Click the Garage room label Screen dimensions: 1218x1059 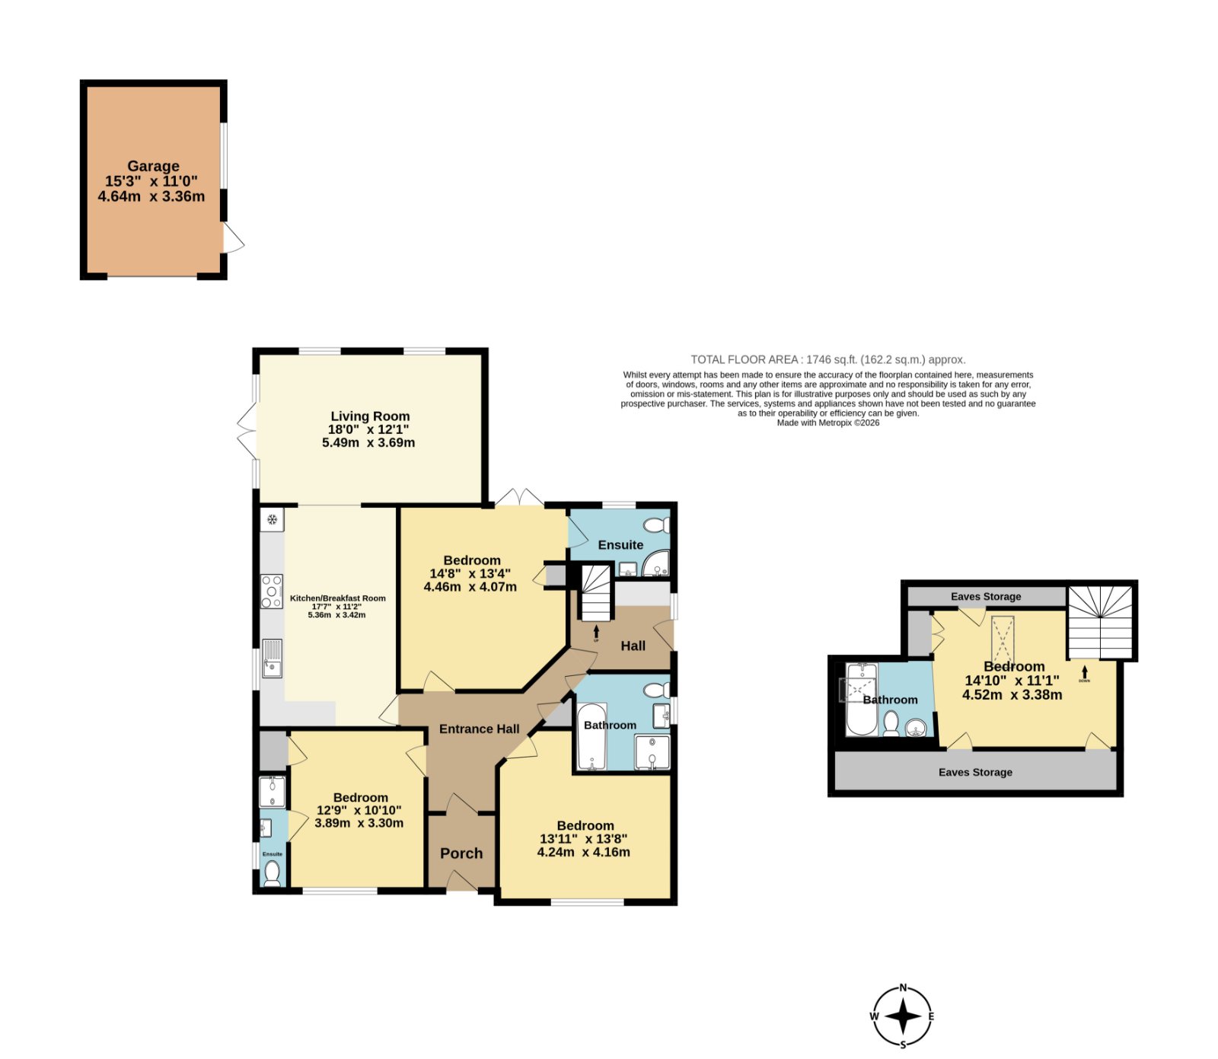[153, 166]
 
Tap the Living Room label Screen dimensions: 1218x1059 [370, 416]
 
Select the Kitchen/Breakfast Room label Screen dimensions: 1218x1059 [338, 598]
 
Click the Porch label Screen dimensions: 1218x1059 [461, 853]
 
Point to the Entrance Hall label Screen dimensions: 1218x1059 [480, 729]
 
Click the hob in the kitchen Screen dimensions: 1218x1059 [272, 592]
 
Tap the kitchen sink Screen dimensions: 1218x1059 [272, 659]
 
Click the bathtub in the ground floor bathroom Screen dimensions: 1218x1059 [591, 737]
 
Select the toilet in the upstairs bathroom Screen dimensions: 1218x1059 [891, 722]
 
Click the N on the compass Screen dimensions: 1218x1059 [904, 988]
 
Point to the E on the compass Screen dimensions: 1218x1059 [931, 1016]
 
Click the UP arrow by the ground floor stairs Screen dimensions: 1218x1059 [596, 631]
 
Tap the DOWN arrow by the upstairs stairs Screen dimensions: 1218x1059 [1085, 672]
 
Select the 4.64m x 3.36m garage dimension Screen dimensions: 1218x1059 [151, 196]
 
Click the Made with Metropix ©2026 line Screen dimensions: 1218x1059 [828, 423]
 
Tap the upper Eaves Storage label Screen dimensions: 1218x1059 [986, 596]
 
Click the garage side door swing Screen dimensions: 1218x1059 [233, 238]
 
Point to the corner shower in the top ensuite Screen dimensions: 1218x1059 [656, 564]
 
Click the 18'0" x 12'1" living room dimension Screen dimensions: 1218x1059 [368, 429]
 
